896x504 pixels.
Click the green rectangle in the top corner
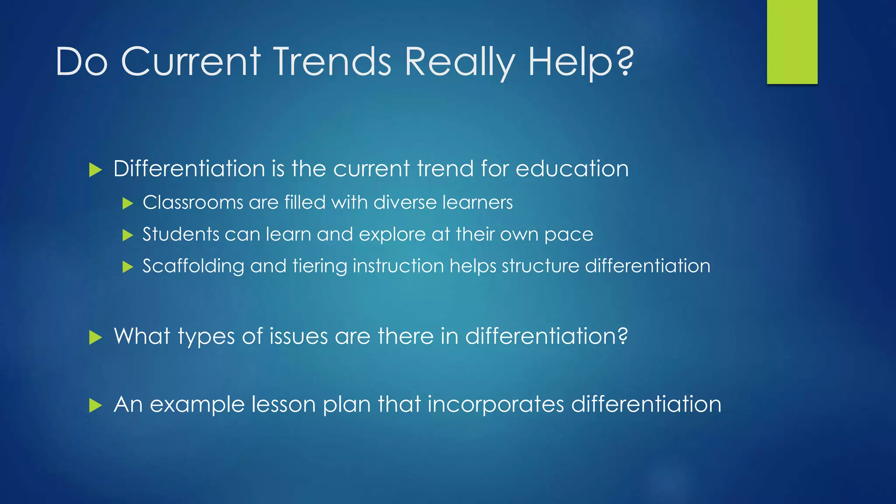coord(792,42)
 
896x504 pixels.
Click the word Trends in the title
coord(332,62)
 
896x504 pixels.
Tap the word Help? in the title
coord(581,62)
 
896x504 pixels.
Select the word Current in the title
coord(191,62)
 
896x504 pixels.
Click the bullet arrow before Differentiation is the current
coord(95,170)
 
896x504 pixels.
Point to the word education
coord(572,169)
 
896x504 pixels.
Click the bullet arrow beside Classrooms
coord(128,203)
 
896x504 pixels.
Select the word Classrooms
coord(193,203)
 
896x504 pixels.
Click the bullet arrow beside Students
coord(128,235)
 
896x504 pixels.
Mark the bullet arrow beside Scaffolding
coord(128,267)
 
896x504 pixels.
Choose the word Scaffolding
coord(193,266)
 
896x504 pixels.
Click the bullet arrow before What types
coord(95,337)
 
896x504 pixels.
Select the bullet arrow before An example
coord(95,405)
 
